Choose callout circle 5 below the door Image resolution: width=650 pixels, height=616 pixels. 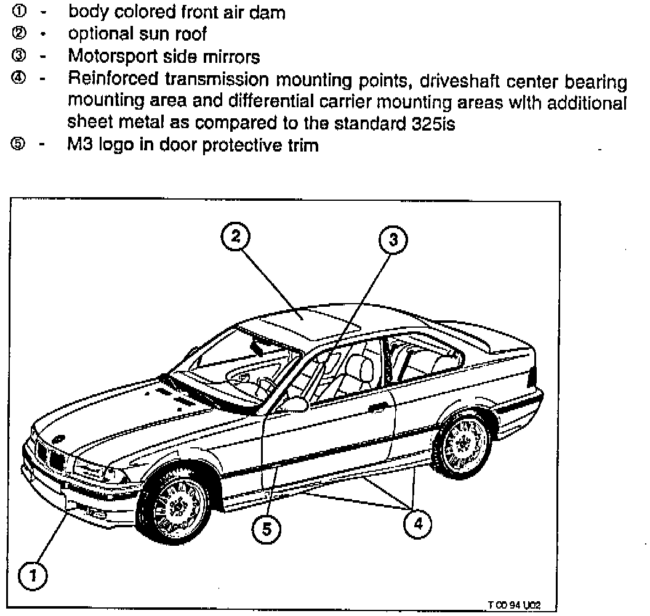click(x=266, y=528)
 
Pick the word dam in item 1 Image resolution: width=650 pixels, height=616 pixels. click(x=270, y=12)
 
